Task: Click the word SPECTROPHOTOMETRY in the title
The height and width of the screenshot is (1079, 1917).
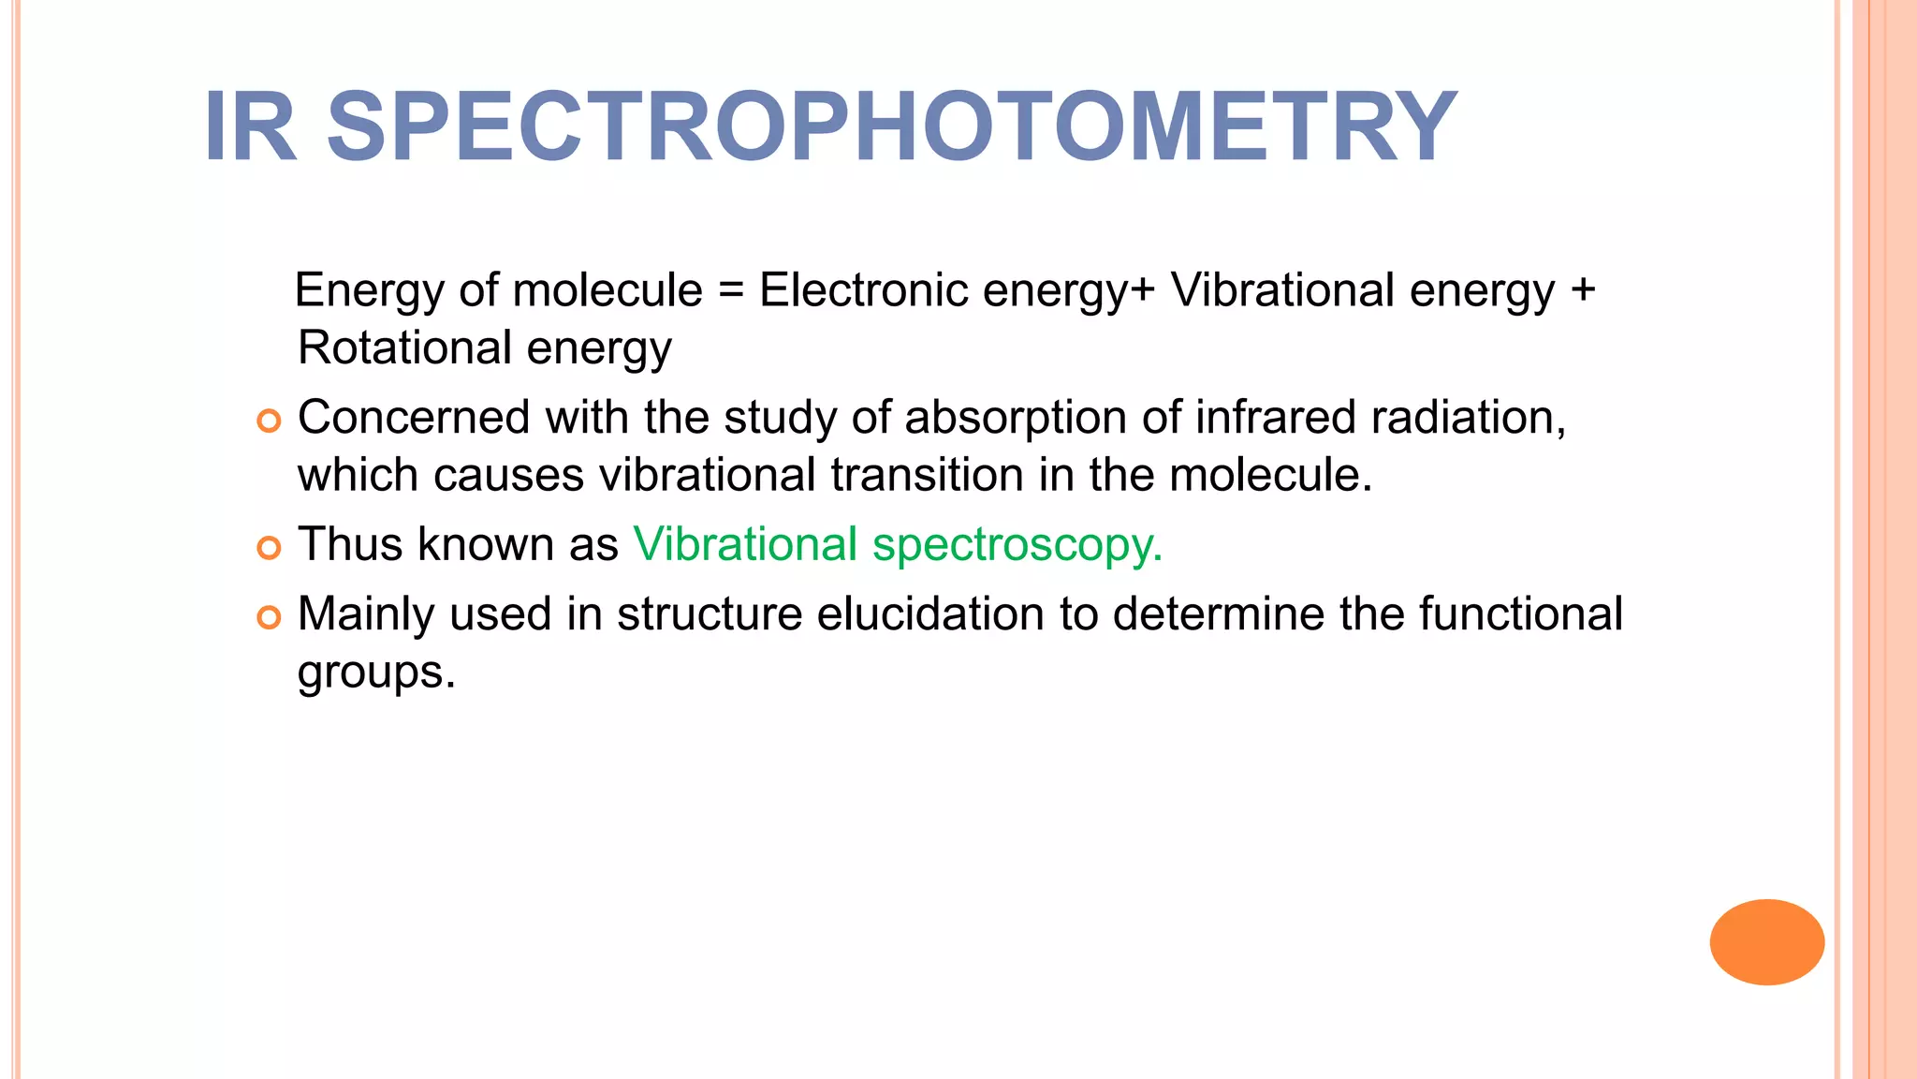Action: (891, 127)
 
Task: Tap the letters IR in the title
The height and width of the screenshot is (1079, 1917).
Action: (250, 127)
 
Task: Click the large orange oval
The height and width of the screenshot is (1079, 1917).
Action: (1766, 941)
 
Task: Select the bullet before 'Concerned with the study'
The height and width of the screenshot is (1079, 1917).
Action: (269, 421)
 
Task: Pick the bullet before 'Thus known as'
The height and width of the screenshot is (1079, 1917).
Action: (269, 548)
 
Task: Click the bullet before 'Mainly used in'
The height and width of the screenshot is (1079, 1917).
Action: (269, 617)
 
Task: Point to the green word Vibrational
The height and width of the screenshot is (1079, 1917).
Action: (745, 544)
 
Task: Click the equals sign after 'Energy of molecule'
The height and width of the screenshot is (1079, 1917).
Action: (731, 290)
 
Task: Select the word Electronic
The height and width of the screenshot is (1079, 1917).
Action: (863, 289)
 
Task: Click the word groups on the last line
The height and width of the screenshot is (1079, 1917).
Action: (375, 673)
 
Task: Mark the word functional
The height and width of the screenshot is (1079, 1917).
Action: (1520, 614)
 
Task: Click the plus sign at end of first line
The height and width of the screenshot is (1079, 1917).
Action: (1583, 290)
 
